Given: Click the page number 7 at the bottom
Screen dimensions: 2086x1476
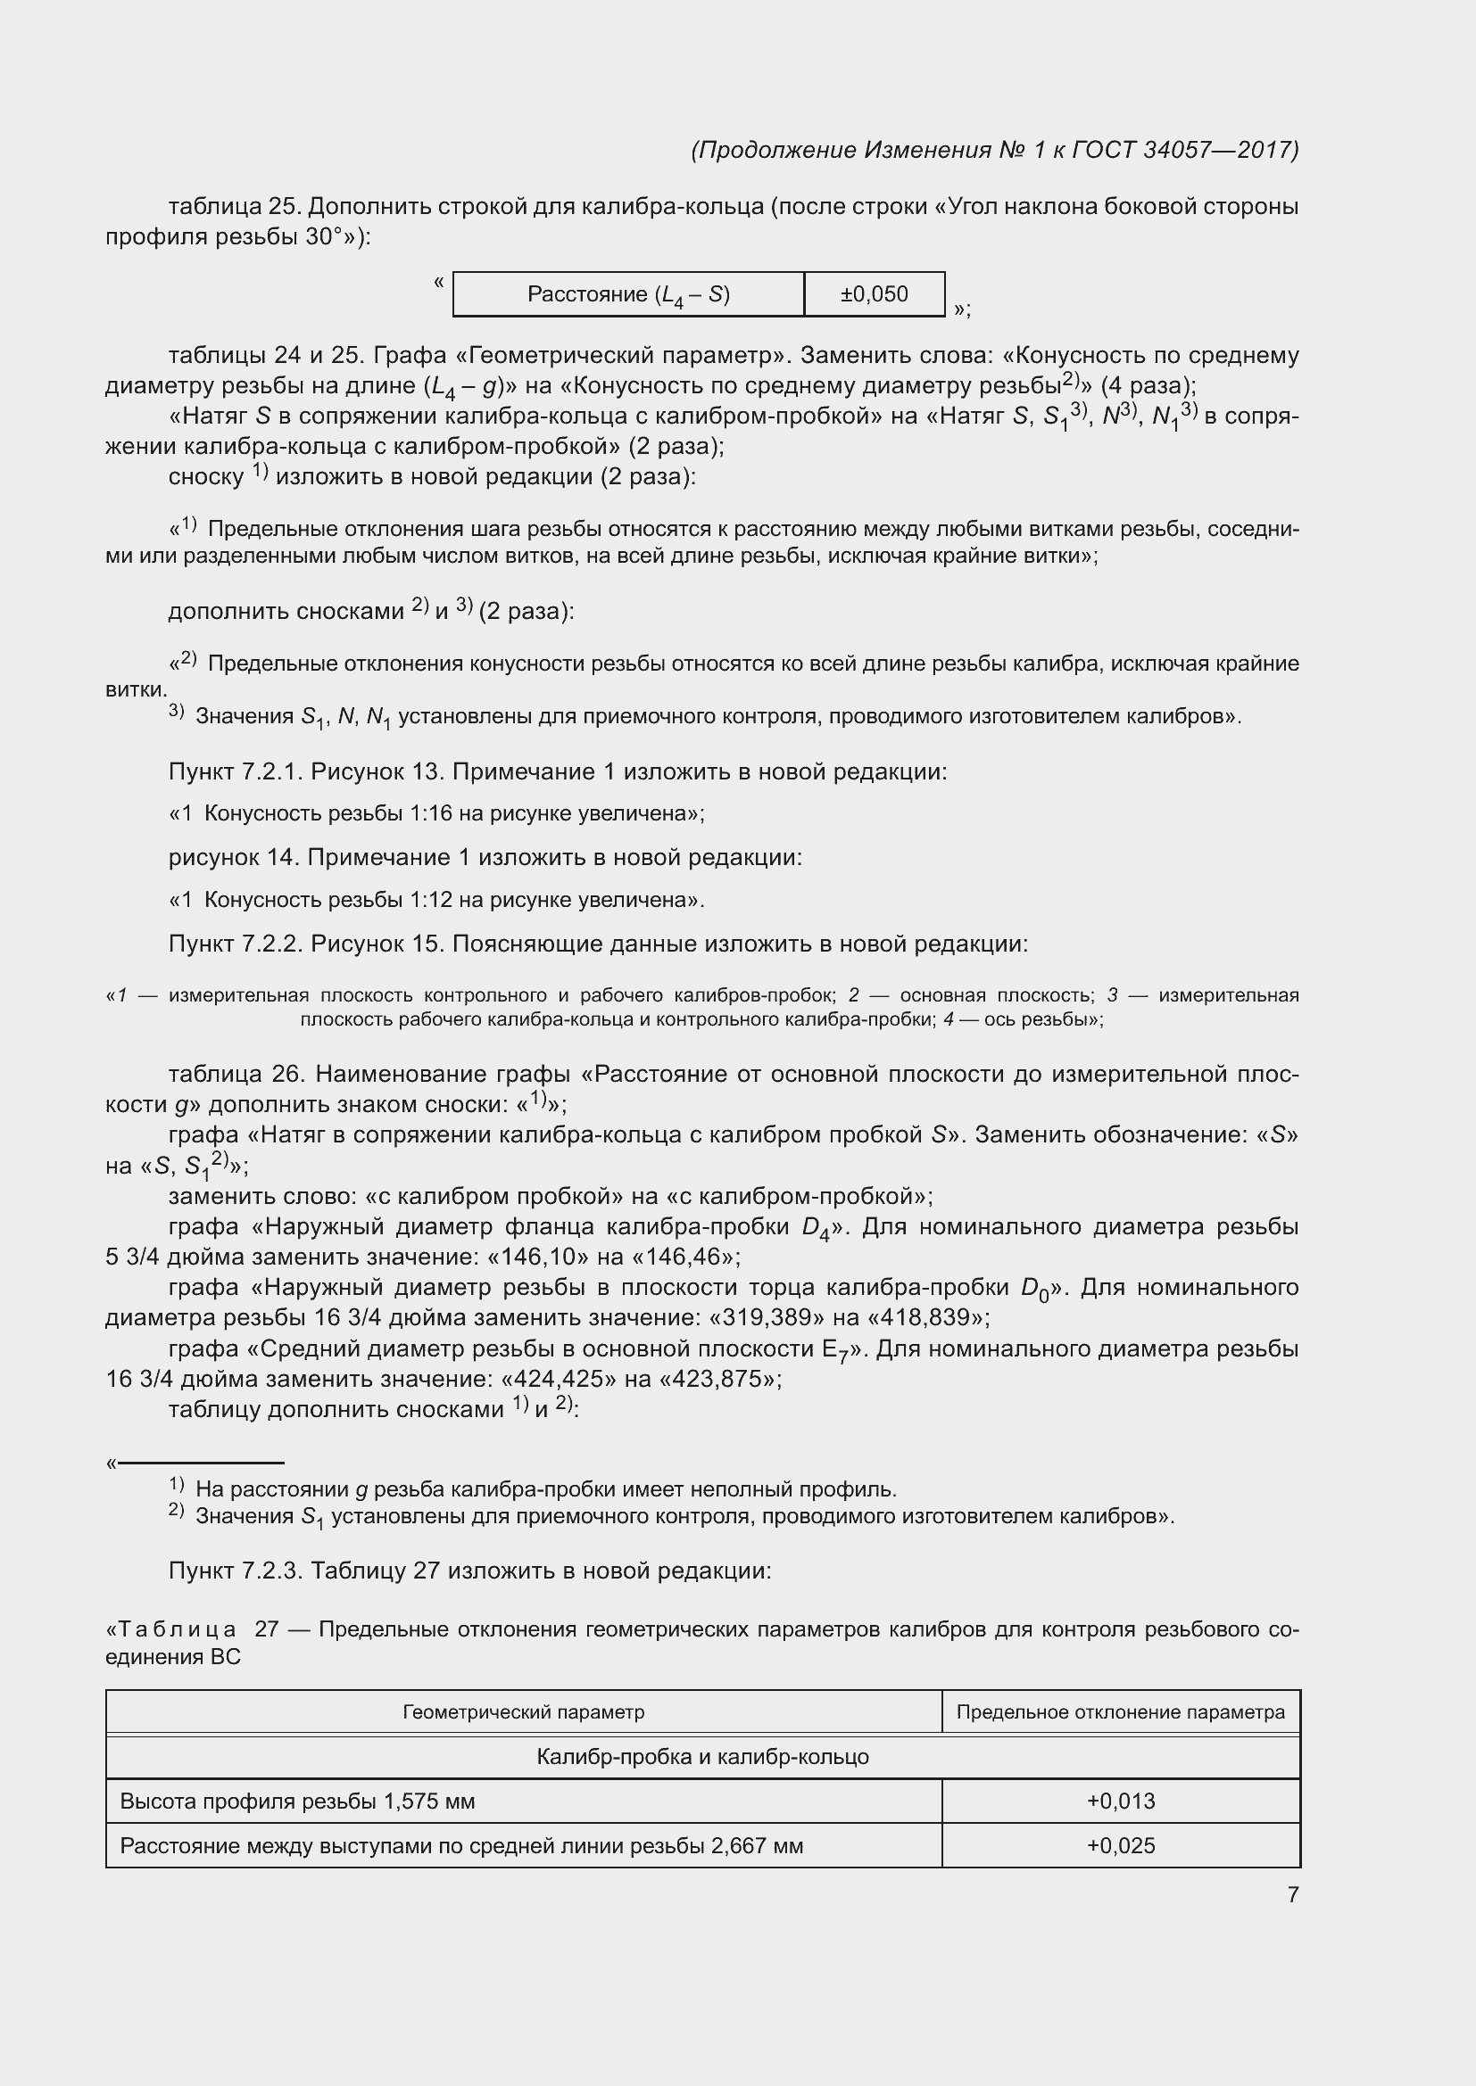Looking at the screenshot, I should [x=1292, y=1894].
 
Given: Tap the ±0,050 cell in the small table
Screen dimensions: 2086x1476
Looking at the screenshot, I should [x=874, y=294].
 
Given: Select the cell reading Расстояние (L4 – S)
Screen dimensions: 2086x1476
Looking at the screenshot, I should [x=628, y=294].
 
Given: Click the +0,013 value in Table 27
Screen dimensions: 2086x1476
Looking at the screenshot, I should [x=1121, y=1801].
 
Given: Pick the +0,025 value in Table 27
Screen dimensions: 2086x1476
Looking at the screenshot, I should [x=1121, y=1845].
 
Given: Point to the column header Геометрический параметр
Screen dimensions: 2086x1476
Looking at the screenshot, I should [x=524, y=1712].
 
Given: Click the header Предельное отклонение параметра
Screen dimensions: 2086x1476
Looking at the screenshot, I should [x=1121, y=1712].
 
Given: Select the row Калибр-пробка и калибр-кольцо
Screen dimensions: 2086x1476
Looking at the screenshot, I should [x=702, y=1757].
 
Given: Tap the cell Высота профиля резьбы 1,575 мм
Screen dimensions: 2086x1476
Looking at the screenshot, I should [x=297, y=1801].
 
